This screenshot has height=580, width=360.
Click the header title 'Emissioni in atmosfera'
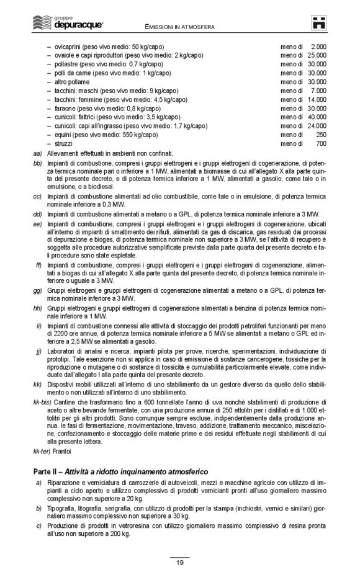click(x=179, y=27)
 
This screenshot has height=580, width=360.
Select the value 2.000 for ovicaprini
click(x=318, y=47)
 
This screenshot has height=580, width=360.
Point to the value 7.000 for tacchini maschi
click(x=318, y=90)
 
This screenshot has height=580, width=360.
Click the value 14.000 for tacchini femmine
click(x=317, y=99)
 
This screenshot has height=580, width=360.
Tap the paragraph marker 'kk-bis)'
click(x=43, y=402)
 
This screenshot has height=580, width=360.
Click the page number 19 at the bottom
click(x=179, y=563)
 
